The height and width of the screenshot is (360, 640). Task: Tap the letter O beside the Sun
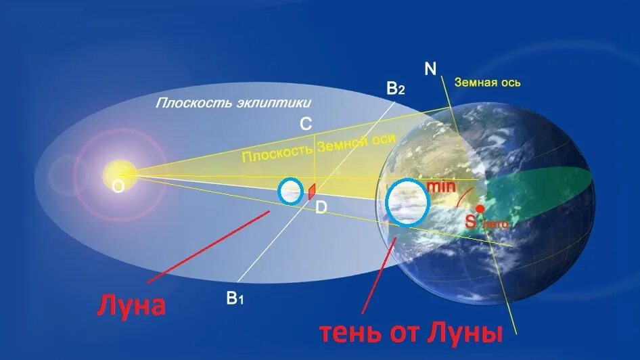118,188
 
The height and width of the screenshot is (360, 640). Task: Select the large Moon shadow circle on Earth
407,202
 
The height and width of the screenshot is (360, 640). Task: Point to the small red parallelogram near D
312,192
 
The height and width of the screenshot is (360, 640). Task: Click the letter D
321,208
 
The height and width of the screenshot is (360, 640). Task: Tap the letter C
306,124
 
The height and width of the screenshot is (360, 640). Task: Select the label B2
395,88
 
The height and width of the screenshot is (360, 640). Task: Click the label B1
235,297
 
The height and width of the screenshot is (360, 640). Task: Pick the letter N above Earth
430,68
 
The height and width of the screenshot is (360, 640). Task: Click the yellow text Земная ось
487,83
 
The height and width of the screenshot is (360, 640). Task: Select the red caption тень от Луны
411,333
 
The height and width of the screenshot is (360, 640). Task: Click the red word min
441,185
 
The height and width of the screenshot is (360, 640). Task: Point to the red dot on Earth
480,208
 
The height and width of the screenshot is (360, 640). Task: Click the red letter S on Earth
470,221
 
